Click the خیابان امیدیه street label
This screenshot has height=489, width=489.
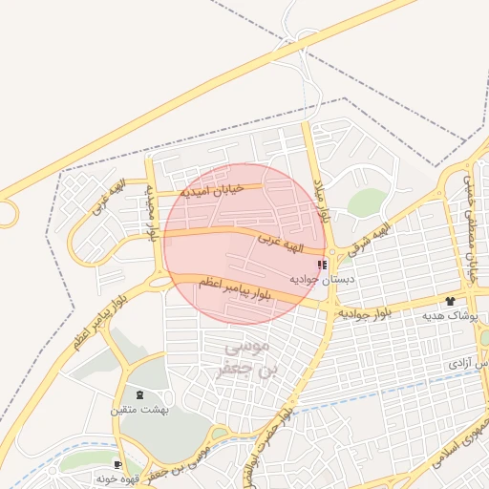[211, 190]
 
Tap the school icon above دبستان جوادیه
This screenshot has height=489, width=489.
[322, 265]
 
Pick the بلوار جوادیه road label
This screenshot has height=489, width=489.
[366, 312]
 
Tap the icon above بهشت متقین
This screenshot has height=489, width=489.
[141, 394]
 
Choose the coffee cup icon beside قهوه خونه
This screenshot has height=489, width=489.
[117, 465]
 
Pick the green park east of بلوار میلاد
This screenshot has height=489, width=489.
[367, 202]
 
